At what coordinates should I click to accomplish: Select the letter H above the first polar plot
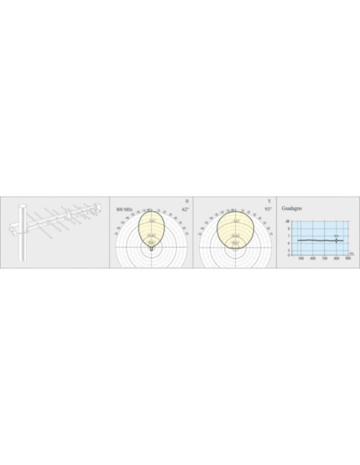(186, 201)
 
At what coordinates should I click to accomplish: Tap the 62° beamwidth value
(186, 209)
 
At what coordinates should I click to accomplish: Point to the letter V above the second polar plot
(269, 201)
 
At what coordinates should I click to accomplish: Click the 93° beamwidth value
(268, 209)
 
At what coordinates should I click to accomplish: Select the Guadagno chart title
(292, 207)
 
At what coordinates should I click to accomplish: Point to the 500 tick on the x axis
(301, 259)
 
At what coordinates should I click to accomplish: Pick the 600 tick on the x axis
(313, 259)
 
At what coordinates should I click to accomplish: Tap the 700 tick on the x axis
(325, 259)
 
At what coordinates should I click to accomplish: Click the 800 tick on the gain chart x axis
(337, 259)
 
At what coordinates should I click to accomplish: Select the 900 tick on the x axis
(348, 259)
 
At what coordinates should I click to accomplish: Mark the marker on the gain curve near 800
(337, 240)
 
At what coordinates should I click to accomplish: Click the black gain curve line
(315, 240)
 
